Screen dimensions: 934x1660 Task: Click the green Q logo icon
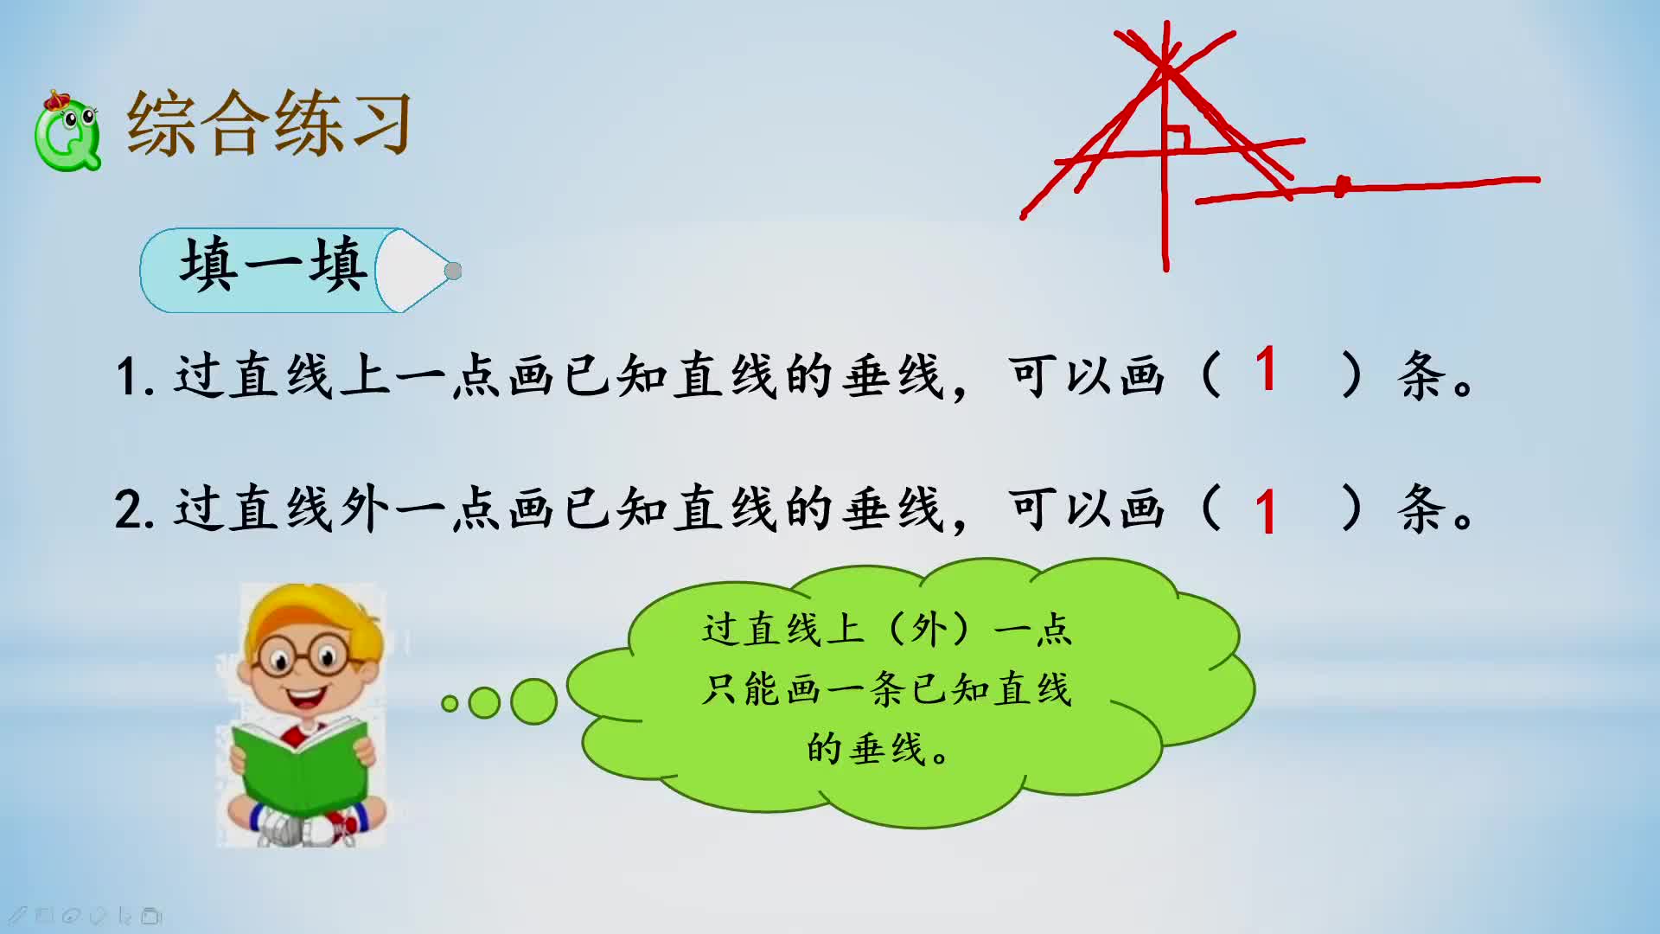[67, 133]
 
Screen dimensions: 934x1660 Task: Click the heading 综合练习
[269, 124]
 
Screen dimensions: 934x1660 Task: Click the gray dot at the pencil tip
[453, 272]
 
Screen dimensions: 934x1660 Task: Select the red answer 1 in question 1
[1266, 370]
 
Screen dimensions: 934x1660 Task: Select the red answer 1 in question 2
[1266, 511]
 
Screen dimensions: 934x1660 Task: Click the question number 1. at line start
[135, 377]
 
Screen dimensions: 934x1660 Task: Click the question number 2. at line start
[135, 509]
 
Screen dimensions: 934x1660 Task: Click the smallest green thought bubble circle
[450, 704]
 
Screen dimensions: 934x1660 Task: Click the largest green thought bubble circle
[533, 701]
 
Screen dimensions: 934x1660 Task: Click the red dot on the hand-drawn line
[1342, 186]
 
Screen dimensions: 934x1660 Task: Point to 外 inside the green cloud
[929, 630]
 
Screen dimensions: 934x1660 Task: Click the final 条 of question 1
[1422, 376]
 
